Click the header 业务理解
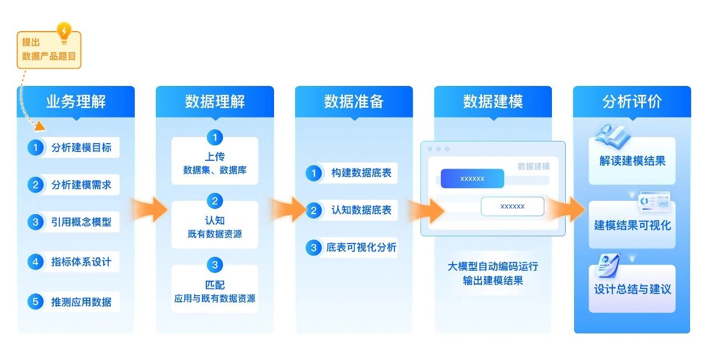(x=76, y=102)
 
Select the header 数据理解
(x=215, y=102)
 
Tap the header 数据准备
(x=354, y=102)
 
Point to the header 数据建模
(x=493, y=102)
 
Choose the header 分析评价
(x=632, y=102)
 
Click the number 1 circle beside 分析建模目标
(x=35, y=148)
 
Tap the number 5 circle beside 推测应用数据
(x=35, y=302)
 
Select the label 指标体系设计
(x=81, y=262)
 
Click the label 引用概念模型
(x=81, y=222)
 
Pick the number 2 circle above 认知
(x=215, y=201)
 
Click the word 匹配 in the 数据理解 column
(x=215, y=285)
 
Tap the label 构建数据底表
(x=361, y=173)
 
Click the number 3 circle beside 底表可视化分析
(x=313, y=247)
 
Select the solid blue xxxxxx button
(x=472, y=179)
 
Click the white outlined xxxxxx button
(x=512, y=206)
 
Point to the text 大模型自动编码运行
(x=493, y=266)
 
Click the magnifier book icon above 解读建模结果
(x=610, y=138)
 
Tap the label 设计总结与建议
(x=632, y=290)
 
